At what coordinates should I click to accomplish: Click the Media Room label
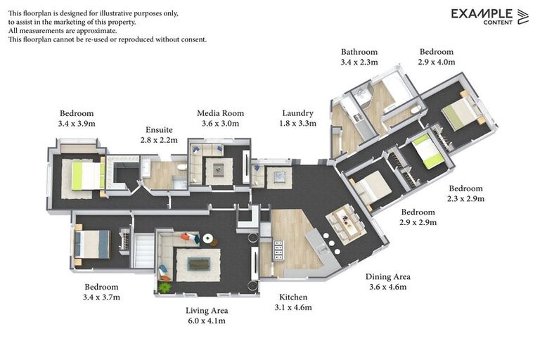[x=220, y=113]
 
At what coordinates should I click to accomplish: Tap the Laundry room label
[x=298, y=113]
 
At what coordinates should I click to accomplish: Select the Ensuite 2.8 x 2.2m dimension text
[x=159, y=140]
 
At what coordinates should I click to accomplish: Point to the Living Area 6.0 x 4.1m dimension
[x=207, y=321]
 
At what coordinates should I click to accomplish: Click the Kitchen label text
[x=293, y=297]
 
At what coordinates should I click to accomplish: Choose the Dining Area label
[x=388, y=276]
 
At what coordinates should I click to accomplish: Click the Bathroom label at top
[x=359, y=52]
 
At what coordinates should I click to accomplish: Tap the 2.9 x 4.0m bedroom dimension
[x=437, y=62]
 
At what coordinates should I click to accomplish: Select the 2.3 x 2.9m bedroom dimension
[x=466, y=199]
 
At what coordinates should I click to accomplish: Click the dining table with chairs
[x=346, y=222]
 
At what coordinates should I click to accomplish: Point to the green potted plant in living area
[x=165, y=287]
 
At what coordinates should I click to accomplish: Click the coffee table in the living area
[x=198, y=264]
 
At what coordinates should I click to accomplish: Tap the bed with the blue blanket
[x=92, y=244]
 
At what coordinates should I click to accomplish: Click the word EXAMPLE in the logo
[x=482, y=14]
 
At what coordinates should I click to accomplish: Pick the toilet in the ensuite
[x=182, y=167]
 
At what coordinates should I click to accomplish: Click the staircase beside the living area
[x=144, y=250]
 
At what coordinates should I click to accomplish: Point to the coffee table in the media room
[x=219, y=170]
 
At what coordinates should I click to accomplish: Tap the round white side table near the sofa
[x=208, y=238]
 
